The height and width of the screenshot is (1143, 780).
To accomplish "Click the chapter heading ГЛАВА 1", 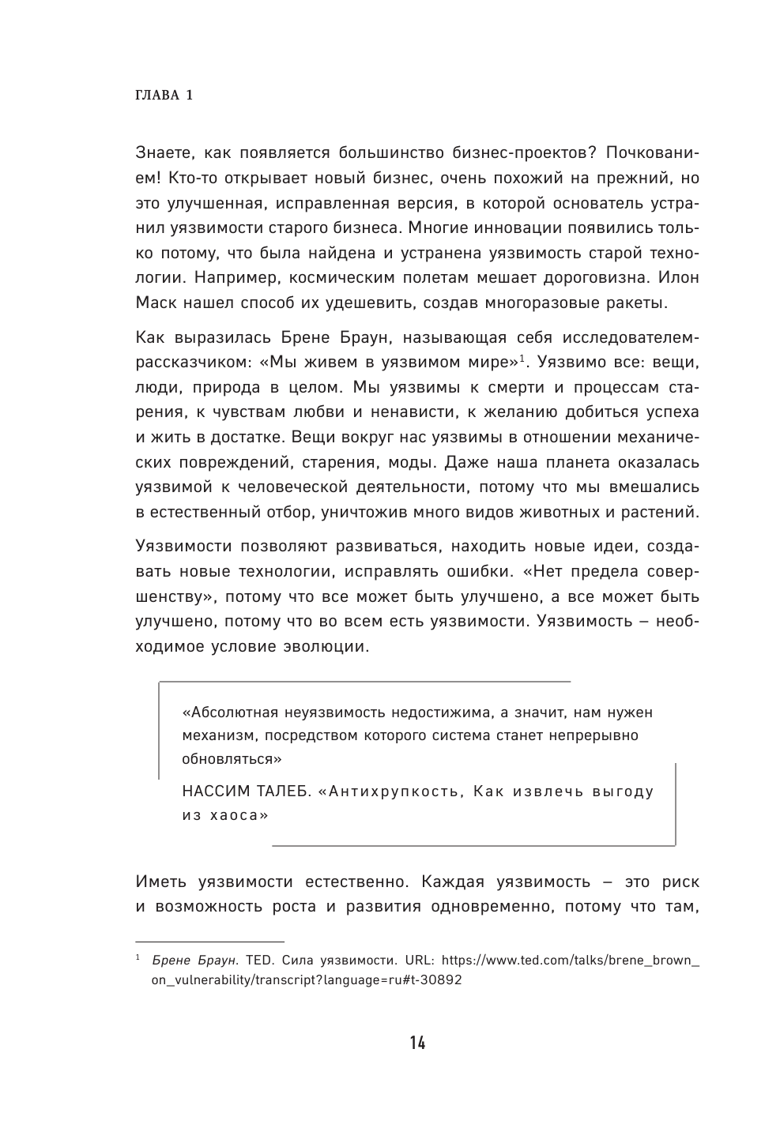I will pyautogui.click(x=164, y=96).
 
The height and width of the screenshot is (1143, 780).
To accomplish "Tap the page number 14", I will pyautogui.click(x=417, y=1043).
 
